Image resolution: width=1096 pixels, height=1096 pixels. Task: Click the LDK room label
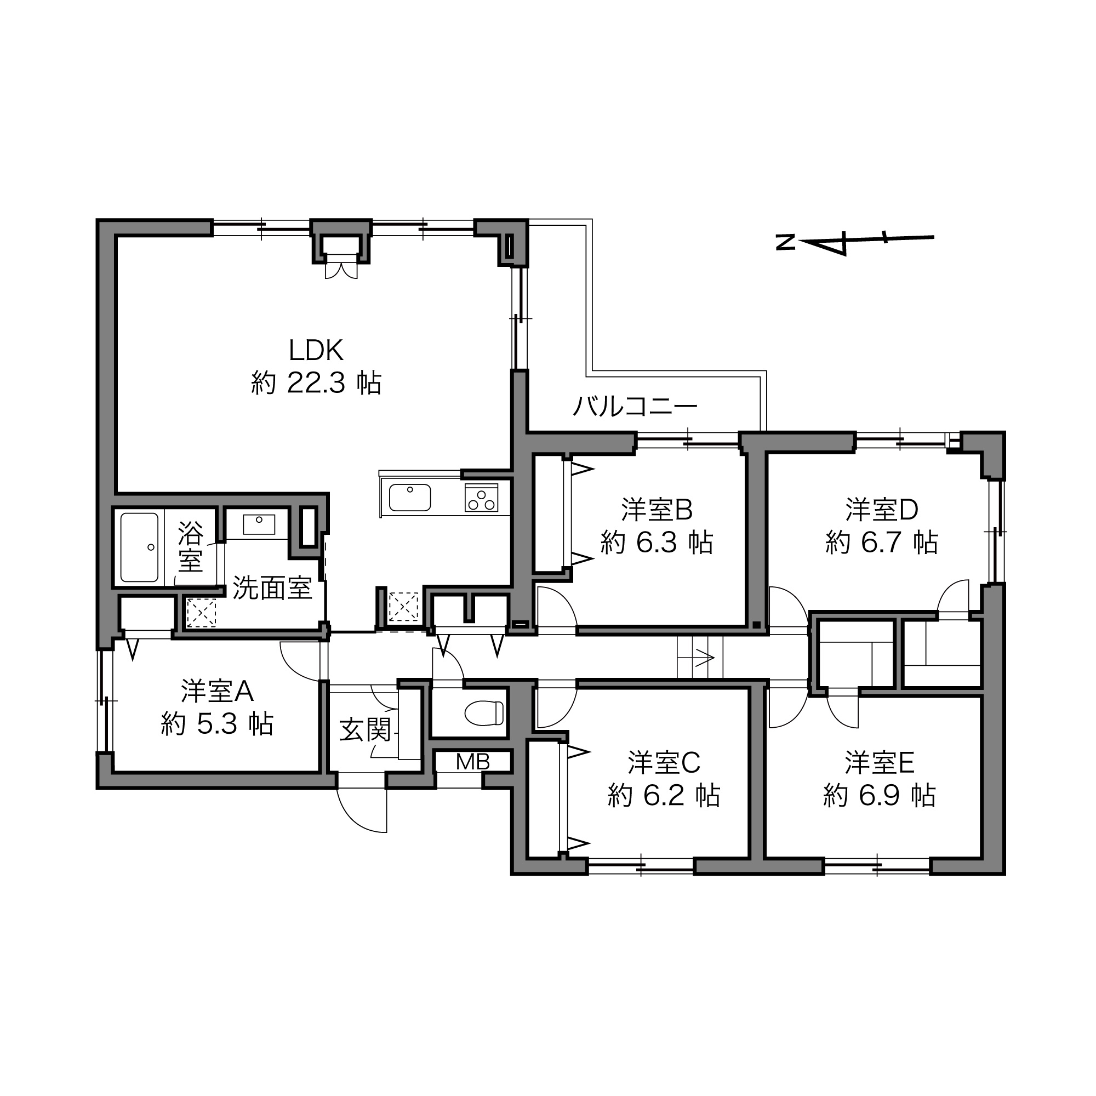coord(316,351)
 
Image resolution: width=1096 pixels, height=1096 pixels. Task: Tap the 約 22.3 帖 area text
coord(316,383)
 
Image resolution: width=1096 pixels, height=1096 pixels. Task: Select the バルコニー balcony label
coord(635,406)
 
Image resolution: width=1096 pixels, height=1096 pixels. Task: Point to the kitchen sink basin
coord(409,498)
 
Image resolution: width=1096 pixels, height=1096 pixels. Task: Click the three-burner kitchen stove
coord(481,498)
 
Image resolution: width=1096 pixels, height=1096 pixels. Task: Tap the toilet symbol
coord(484,713)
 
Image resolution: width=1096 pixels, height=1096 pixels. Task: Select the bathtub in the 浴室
coord(139,547)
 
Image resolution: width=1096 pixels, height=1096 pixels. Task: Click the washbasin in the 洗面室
coord(259,524)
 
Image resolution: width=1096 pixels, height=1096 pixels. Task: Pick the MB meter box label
coord(472,762)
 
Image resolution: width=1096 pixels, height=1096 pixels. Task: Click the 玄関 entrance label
coord(366,730)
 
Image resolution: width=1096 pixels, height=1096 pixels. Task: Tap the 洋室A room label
coord(217,691)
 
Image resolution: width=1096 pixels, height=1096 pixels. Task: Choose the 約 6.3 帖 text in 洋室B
coord(657,543)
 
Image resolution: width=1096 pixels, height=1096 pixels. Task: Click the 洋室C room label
coord(664,762)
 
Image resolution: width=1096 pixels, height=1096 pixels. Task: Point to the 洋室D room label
coord(882,510)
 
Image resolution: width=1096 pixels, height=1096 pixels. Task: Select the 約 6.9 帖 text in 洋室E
coord(880,795)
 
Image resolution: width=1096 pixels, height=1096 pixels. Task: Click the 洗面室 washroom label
coord(272,588)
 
